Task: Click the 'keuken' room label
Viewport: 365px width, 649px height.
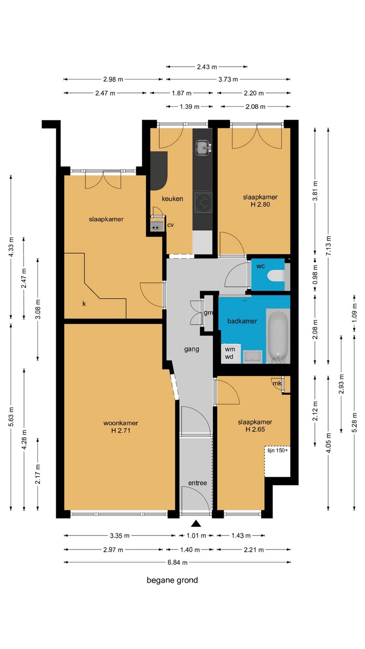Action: [x=172, y=199]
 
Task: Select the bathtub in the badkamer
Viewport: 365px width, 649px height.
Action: [x=278, y=336]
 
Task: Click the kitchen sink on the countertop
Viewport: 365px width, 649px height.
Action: [x=204, y=148]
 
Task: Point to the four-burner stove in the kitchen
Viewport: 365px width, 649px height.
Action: [x=203, y=203]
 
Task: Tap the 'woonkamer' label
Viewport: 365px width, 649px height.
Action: [x=121, y=423]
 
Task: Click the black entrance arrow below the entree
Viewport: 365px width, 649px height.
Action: [x=196, y=523]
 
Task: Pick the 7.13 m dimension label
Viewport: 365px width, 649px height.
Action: [x=328, y=245]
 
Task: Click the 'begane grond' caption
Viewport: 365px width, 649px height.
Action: [x=172, y=580]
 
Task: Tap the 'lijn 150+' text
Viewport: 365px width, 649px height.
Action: [x=278, y=451]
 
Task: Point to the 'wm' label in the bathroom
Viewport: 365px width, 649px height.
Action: [x=230, y=349]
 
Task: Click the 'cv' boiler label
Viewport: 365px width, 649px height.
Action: [x=171, y=225]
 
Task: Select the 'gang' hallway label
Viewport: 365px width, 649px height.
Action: [x=192, y=349]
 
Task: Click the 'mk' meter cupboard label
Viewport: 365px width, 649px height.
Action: [x=277, y=383]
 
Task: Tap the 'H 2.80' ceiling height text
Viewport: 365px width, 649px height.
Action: [x=260, y=205]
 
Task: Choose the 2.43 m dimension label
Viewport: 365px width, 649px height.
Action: [x=207, y=67]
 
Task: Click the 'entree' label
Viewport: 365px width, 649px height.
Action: [x=197, y=483]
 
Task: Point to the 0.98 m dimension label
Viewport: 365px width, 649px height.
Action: [x=315, y=274]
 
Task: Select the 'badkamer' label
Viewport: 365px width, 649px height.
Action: [x=242, y=321]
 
